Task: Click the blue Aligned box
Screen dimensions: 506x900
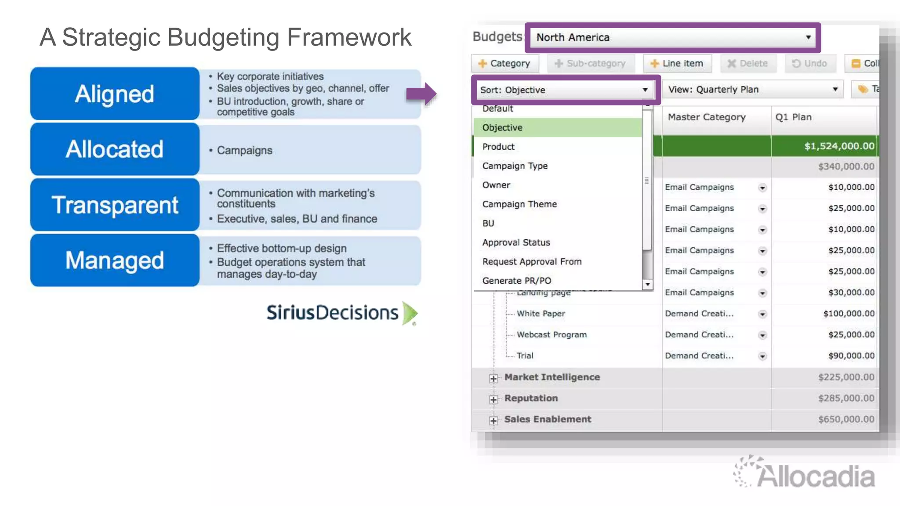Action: click(115, 94)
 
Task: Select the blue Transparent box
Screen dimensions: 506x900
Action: click(115, 205)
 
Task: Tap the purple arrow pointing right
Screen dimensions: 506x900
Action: click(421, 94)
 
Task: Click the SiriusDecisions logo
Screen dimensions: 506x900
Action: click(341, 313)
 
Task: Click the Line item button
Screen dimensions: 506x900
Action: click(677, 64)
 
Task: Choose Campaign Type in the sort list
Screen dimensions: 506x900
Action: click(515, 166)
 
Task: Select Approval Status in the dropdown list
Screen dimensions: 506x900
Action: click(516, 242)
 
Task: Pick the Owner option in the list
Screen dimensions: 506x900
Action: click(496, 185)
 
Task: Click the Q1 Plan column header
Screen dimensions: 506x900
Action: click(793, 117)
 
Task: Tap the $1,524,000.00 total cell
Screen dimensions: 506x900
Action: click(839, 146)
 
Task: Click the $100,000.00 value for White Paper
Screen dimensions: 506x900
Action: click(849, 314)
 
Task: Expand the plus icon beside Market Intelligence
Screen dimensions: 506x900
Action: click(494, 378)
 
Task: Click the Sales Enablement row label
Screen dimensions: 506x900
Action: click(548, 419)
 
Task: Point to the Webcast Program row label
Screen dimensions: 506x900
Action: click(552, 335)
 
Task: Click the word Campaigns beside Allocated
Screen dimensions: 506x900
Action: click(244, 151)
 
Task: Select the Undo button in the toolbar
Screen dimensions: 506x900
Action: click(809, 64)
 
